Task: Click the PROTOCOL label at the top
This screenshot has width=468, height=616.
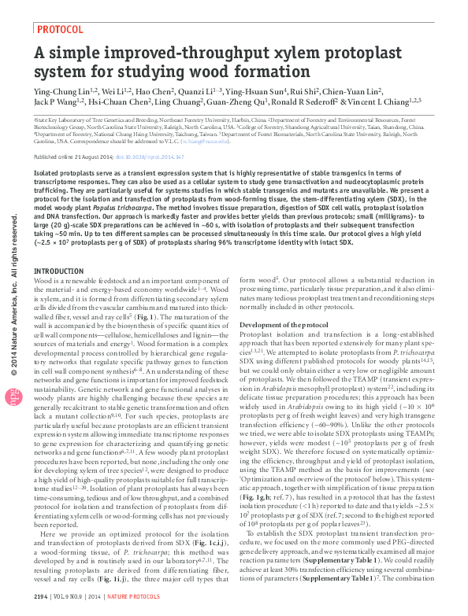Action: coord(61,29)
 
